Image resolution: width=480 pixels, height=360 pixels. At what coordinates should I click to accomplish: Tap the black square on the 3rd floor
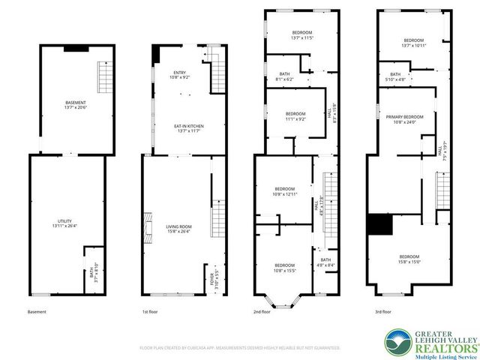click(380, 223)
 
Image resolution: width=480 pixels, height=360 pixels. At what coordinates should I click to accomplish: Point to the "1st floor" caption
click(151, 311)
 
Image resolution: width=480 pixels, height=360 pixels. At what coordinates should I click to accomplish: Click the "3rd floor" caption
click(382, 311)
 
